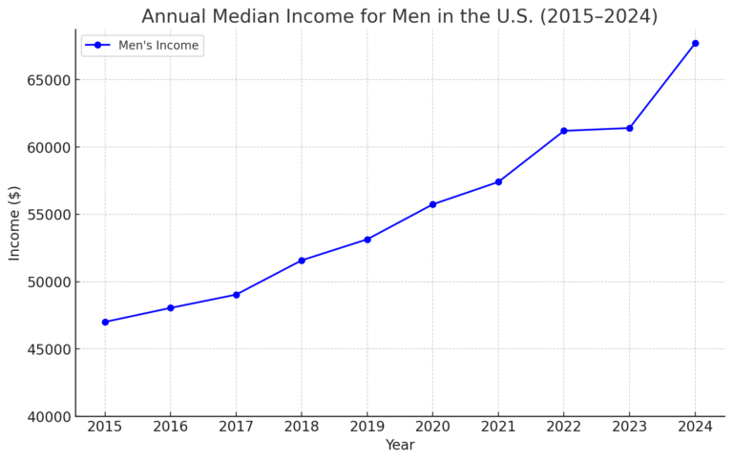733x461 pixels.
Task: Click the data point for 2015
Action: click(x=105, y=322)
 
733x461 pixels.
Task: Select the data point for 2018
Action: click(x=302, y=261)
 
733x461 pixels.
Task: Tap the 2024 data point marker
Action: click(x=695, y=43)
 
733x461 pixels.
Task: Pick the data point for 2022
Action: click(x=564, y=131)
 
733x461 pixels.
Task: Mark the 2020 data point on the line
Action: click(x=432, y=204)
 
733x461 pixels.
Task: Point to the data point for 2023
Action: click(x=630, y=128)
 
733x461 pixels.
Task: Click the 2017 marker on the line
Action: click(x=237, y=295)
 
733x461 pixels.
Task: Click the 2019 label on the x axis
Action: click(x=367, y=426)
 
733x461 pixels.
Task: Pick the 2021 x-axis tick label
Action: click(x=498, y=426)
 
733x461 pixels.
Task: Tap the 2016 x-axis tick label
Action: click(x=171, y=426)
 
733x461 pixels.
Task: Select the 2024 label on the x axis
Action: click(x=695, y=426)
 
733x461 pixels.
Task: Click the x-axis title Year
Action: click(x=400, y=446)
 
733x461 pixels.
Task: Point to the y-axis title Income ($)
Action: click(x=15, y=222)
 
